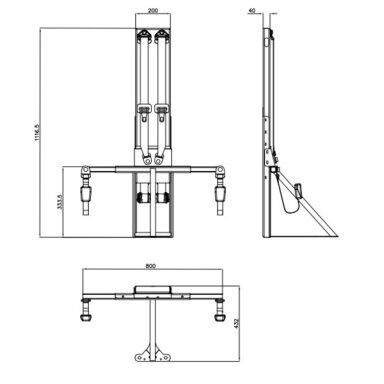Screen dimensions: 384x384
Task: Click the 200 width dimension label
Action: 153,10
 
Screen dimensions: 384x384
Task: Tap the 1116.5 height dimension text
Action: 37,132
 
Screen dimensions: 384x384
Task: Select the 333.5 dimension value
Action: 60,202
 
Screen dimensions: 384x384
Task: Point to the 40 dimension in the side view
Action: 252,10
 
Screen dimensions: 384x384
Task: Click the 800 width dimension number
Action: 151,266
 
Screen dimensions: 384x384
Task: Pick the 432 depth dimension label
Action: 237,324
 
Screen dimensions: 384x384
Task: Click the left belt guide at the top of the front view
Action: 144,36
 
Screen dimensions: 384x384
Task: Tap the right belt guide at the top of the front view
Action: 162,36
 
